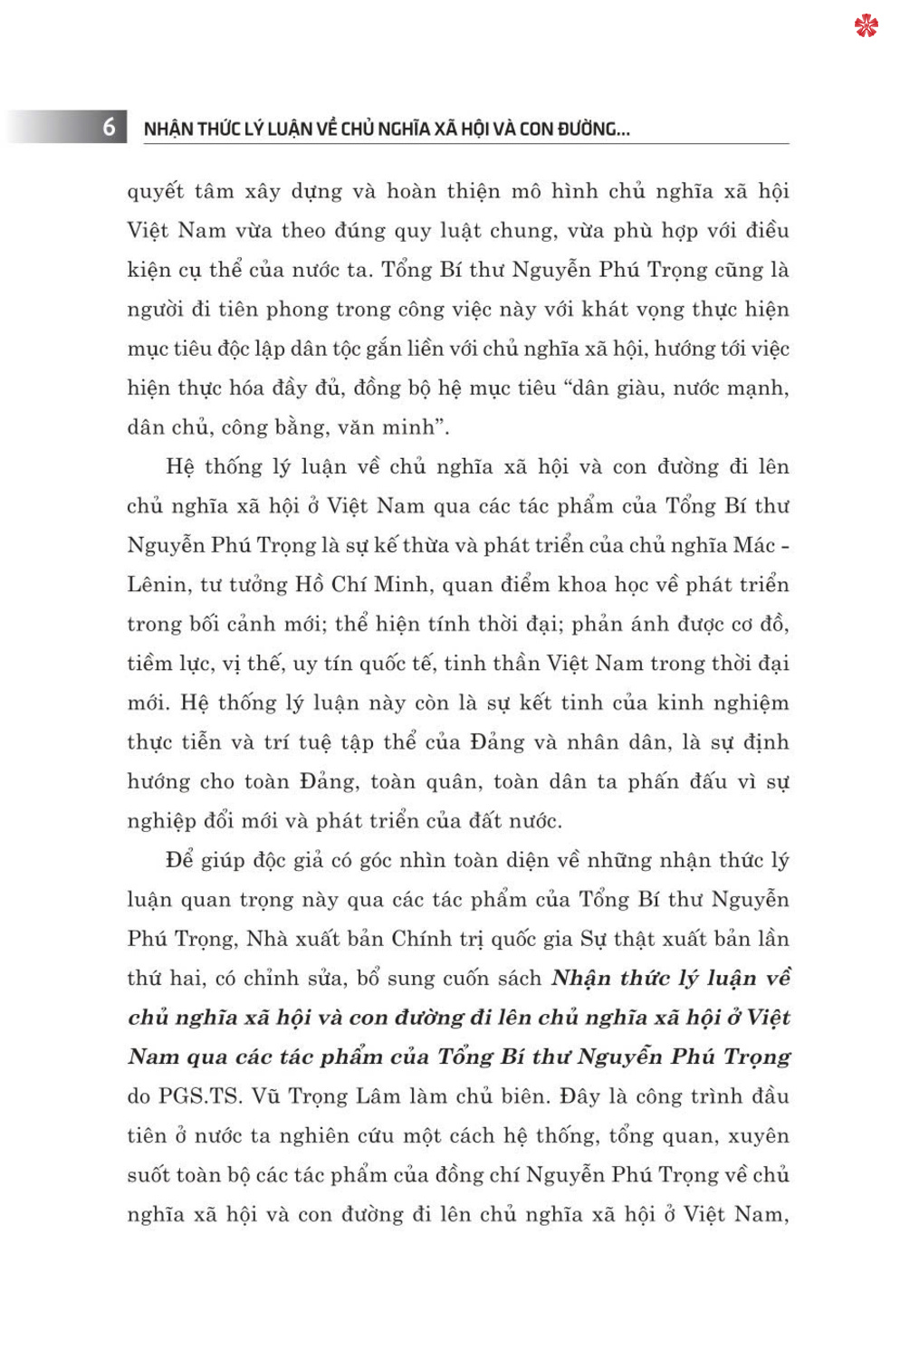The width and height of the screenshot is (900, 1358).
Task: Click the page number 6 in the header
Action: [109, 127]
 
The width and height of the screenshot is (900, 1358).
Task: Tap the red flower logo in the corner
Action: [866, 25]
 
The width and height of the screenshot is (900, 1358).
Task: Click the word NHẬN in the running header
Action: [168, 129]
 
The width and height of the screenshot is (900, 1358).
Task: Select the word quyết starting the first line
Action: [156, 192]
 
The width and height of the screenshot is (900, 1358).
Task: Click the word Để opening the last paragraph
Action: [179, 860]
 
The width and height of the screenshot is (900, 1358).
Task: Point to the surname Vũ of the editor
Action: [266, 1096]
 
